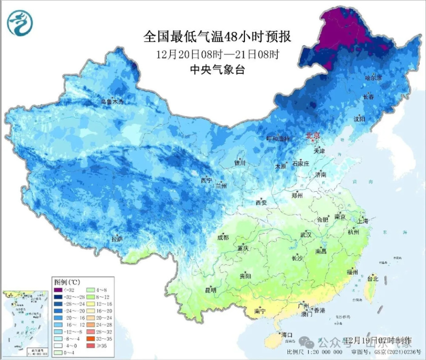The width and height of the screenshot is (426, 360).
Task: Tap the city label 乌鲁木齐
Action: pyautogui.click(x=111, y=102)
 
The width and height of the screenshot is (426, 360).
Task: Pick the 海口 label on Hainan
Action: pyautogui.click(x=287, y=335)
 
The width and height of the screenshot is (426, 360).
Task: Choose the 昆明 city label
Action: pyautogui.click(x=209, y=290)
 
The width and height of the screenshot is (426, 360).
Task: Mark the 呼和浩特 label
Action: pyautogui.click(x=278, y=138)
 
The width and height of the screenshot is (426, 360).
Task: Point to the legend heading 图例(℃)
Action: pyautogui.click(x=67, y=281)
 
